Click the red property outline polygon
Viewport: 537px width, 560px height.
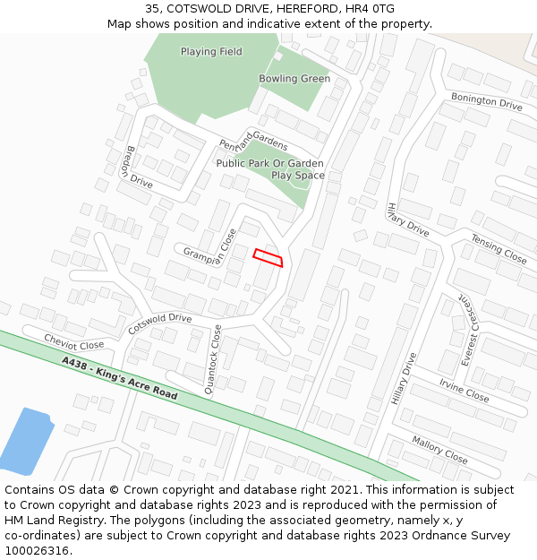click(x=268, y=257)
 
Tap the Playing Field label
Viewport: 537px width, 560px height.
click(x=211, y=52)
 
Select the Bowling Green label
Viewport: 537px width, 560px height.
click(x=294, y=79)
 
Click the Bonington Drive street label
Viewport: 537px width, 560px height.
click(x=486, y=100)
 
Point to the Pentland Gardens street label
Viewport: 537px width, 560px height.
click(x=254, y=141)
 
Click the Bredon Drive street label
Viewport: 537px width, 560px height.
click(x=140, y=167)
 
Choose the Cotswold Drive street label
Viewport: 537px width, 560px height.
click(x=160, y=323)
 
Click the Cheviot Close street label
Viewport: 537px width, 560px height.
click(x=74, y=341)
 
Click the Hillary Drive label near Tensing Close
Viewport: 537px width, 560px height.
click(x=408, y=219)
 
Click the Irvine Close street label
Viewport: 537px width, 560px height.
click(x=464, y=389)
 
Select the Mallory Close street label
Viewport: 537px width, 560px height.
click(x=439, y=450)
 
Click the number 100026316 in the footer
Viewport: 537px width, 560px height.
click(x=37, y=551)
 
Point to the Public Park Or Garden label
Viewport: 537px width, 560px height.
click(x=269, y=164)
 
